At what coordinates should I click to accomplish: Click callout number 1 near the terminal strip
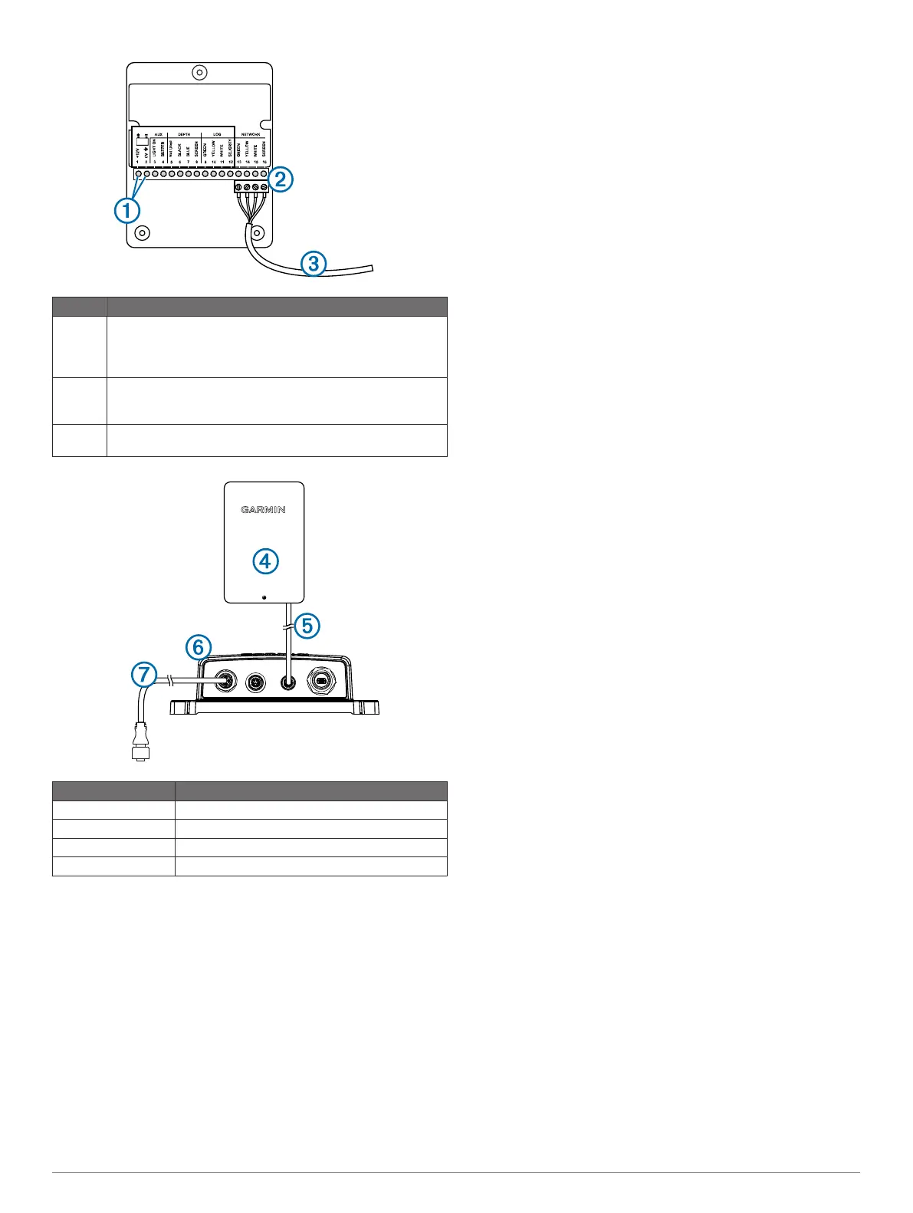point(127,209)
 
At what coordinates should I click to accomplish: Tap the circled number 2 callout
point(281,179)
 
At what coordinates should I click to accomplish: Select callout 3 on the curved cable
point(313,264)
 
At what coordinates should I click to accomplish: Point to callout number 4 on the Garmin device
point(264,561)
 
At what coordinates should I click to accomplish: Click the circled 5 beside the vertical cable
point(307,626)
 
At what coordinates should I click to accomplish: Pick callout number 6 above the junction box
point(199,648)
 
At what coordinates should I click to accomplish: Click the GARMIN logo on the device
point(264,509)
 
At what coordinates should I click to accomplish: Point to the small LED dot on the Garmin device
point(264,596)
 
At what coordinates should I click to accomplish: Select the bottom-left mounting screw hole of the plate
point(142,232)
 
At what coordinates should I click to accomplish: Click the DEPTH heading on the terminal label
point(184,134)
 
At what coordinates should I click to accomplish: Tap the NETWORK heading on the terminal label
point(251,134)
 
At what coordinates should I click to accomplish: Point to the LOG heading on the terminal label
point(217,134)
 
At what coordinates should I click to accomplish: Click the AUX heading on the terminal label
point(158,134)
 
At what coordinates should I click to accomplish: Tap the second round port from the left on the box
point(255,680)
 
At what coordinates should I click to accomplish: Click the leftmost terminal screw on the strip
point(138,174)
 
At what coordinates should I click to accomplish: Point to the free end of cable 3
point(372,268)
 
